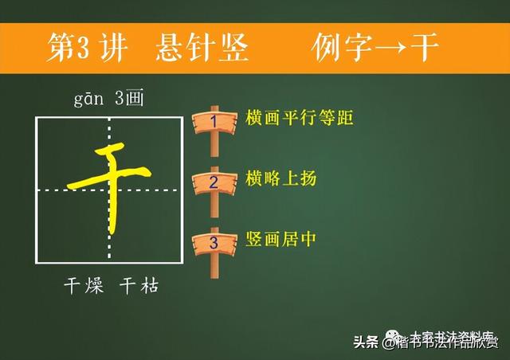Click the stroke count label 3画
[129, 100]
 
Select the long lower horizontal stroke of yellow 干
[108, 178]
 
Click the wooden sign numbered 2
[213, 182]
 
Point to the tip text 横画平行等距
[288, 119]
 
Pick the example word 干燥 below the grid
[84, 286]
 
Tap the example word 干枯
[139, 286]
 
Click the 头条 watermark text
[366, 342]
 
